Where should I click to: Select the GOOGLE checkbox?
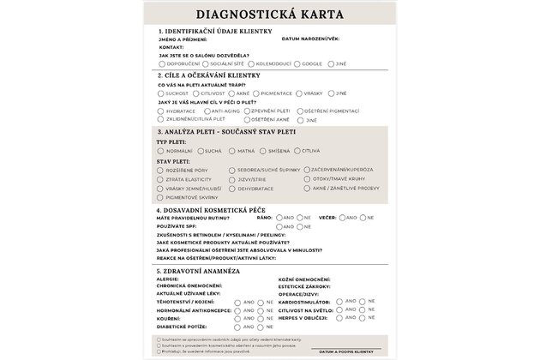pyautogui.click(x=297, y=63)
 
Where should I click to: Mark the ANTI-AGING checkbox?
pyautogui.click(x=206, y=111)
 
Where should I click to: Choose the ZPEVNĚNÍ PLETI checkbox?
pyautogui.click(x=247, y=111)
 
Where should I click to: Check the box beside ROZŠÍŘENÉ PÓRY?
pyautogui.click(x=161, y=171)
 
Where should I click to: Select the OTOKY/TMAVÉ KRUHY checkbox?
pyautogui.click(x=306, y=179)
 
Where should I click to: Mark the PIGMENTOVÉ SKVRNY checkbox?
pyautogui.click(x=161, y=197)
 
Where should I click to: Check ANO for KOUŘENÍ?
pyautogui.click(x=238, y=318)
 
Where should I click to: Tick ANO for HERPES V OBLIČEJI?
pyautogui.click(x=340, y=318)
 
